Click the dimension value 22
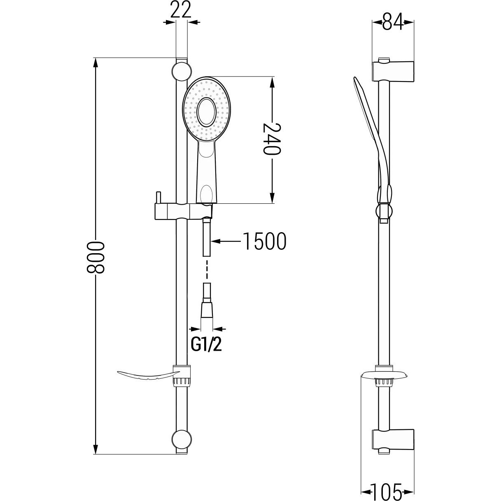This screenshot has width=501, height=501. (181, 10)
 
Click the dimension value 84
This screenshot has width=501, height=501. (393, 21)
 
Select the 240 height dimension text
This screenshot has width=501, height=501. (272, 139)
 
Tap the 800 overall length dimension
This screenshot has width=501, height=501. (95, 257)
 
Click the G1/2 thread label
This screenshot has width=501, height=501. (206, 345)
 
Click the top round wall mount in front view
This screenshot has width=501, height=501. (182, 71)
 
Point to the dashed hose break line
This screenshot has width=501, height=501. (207, 269)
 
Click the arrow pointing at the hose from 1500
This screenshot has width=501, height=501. (226, 242)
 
